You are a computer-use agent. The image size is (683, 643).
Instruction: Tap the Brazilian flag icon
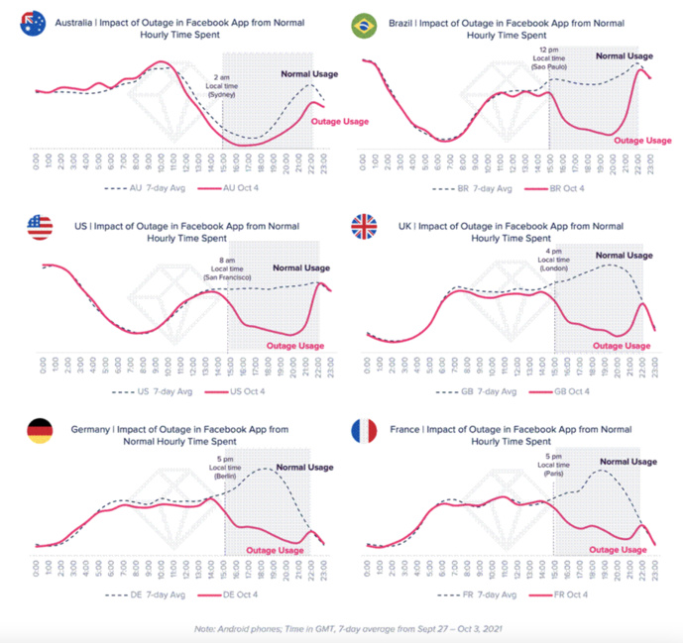point(363,24)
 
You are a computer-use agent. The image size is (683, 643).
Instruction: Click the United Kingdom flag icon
point(364,227)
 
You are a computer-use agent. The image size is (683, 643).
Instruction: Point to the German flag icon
point(40,430)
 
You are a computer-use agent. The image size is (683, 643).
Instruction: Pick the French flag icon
point(364,431)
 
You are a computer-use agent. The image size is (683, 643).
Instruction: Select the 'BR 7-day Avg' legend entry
point(473,186)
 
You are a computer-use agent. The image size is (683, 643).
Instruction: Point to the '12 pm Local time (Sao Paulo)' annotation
point(548,59)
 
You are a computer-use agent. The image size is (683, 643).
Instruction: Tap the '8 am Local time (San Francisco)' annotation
point(228,269)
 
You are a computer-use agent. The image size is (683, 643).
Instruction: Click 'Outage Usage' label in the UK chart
point(622,346)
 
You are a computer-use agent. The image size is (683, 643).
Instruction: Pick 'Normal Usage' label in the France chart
point(626,462)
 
